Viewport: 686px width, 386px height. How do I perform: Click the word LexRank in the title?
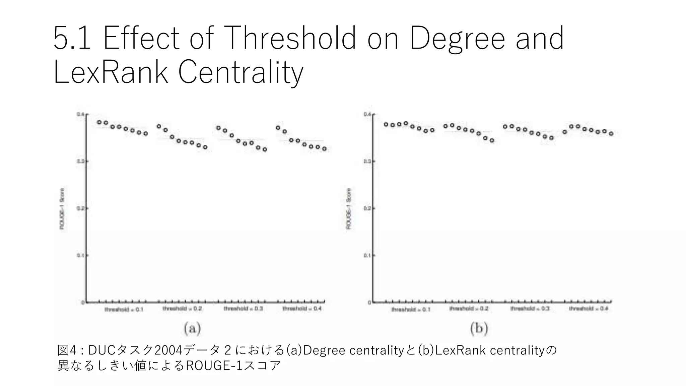coord(111,72)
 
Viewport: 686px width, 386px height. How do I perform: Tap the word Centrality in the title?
coord(241,72)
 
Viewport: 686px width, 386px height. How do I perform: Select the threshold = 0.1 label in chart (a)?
coord(124,309)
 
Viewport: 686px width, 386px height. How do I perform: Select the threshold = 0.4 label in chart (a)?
coord(302,308)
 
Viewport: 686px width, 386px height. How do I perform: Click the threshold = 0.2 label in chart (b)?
coord(469,309)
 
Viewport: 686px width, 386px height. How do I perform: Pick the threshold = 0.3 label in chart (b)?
coord(530,308)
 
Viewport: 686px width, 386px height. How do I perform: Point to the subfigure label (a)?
coord(192,328)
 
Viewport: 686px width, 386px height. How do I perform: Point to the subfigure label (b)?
coord(479,328)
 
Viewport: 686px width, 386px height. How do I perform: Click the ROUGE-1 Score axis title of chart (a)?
coord(62,208)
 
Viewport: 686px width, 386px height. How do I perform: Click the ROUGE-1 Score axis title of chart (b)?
coord(348,209)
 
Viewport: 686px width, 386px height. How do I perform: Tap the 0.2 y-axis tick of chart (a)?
coord(80,208)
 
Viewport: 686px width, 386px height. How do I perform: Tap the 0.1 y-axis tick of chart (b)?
coord(367,256)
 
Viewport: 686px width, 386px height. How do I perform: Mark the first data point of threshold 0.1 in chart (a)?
coord(99,122)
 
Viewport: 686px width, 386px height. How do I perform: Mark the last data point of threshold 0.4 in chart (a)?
coord(324,149)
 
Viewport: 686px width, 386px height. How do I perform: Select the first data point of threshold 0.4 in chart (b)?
coord(565,132)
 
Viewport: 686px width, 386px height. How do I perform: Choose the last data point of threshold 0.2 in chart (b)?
coord(492,140)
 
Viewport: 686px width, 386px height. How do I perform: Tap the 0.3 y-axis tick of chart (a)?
coord(80,162)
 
